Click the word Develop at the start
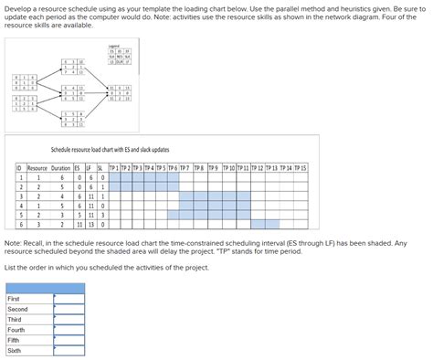pyautogui.click(x=20, y=6)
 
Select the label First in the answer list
pyautogui.click(x=15, y=299)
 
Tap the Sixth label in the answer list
pyautogui.click(x=15, y=350)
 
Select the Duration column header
pyautogui.click(x=60, y=168)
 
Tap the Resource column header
pyautogui.click(x=37, y=168)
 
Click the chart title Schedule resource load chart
pyautogui.click(x=109, y=149)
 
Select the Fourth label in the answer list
pyautogui.click(x=16, y=330)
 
